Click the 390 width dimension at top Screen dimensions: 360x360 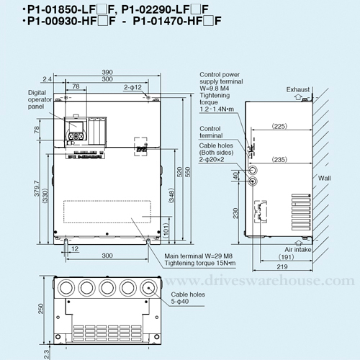click(x=107, y=72)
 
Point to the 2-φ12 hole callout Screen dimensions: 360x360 click(x=132, y=87)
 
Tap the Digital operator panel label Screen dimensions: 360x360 click(x=40, y=99)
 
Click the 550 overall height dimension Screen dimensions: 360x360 click(x=188, y=172)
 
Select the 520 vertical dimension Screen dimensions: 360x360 click(x=180, y=172)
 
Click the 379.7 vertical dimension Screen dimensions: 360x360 click(x=37, y=189)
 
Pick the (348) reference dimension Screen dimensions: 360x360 click(x=171, y=196)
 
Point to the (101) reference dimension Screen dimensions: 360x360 click(x=166, y=230)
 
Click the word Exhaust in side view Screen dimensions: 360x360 click(x=298, y=89)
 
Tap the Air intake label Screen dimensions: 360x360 click(x=298, y=250)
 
